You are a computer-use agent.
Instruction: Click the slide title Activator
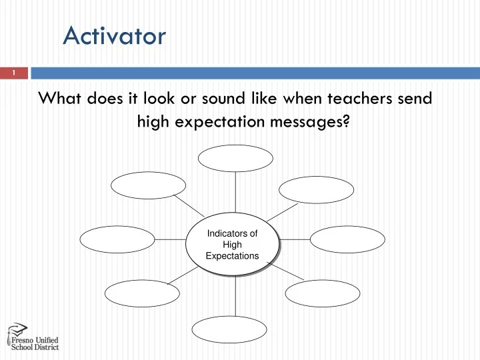tap(114, 35)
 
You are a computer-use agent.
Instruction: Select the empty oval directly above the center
tap(235, 159)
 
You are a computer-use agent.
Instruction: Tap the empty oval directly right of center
tap(347, 239)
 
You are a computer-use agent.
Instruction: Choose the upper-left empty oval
tap(148, 185)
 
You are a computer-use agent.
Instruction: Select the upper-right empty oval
tap(316, 189)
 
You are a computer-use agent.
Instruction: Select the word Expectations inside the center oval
tap(231, 255)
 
